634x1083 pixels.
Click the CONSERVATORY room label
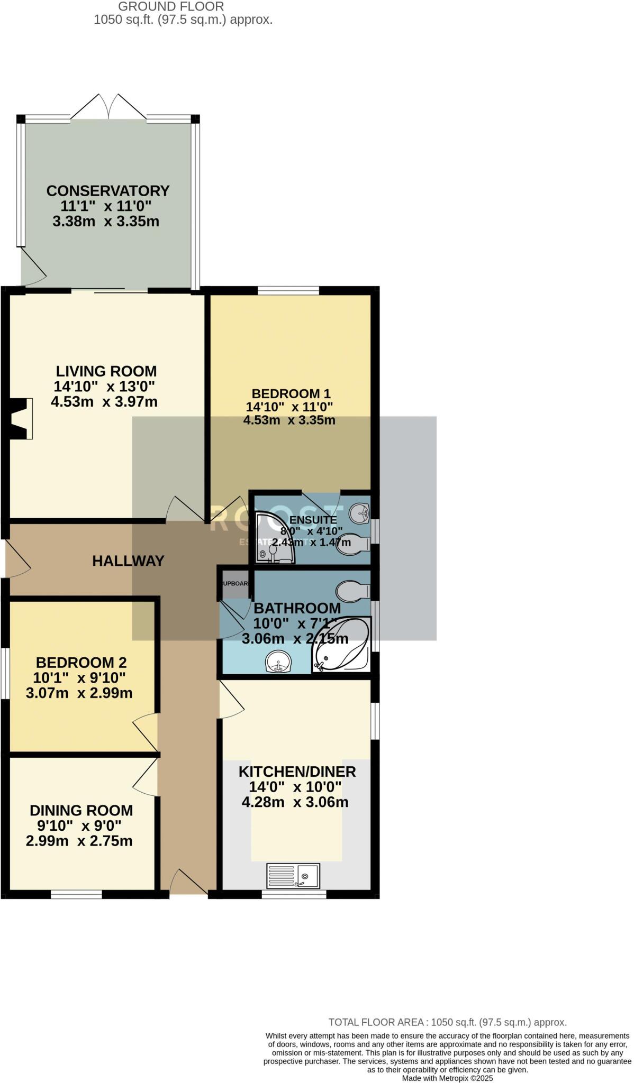108,190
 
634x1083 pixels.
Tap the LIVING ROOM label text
106,371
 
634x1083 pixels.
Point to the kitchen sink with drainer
293,876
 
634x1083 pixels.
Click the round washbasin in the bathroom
278,662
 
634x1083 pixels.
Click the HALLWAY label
128,561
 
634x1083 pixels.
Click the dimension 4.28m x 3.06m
295,802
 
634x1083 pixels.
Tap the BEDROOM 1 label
291,393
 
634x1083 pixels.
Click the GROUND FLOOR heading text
171,7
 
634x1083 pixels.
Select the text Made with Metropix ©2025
447,1078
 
